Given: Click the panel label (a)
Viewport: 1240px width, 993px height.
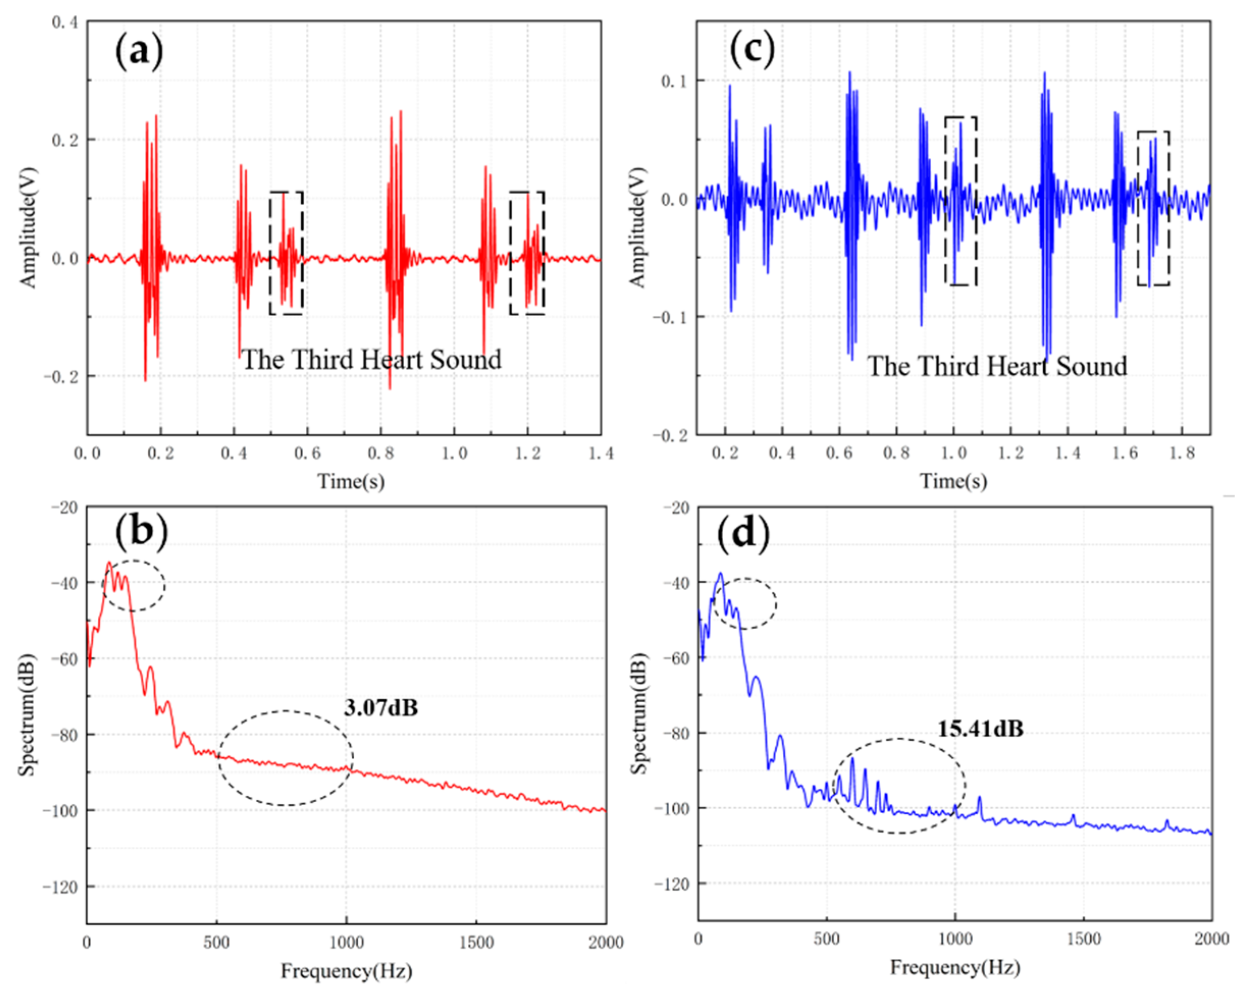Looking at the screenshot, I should click(x=139, y=52).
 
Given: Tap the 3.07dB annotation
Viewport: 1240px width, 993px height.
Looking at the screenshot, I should click(x=381, y=708).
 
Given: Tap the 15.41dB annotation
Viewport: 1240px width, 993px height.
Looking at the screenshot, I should click(x=981, y=729).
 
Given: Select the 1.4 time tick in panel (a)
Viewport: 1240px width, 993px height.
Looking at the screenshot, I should click(x=601, y=454).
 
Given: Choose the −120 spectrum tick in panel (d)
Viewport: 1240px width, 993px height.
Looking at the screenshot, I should click(x=671, y=885).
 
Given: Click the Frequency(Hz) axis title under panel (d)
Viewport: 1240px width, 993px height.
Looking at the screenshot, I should click(x=955, y=968).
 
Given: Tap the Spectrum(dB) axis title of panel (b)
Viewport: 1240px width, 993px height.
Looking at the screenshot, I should click(x=26, y=715).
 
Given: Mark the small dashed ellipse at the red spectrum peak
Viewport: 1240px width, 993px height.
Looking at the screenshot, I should click(x=134, y=585).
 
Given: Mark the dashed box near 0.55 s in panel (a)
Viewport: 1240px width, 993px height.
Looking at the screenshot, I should click(x=286, y=253).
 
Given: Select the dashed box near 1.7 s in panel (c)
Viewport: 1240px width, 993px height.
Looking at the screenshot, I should click(x=1153, y=208).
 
